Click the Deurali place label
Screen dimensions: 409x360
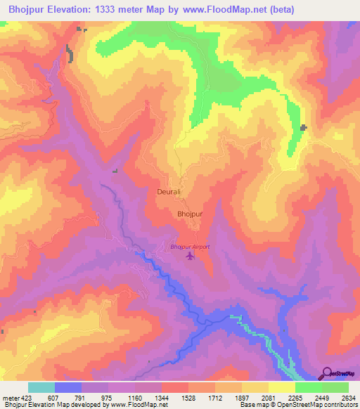[169, 191]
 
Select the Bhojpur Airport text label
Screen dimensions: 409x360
[190, 247]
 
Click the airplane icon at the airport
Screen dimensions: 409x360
[190, 256]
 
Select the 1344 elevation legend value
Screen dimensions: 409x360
[162, 397]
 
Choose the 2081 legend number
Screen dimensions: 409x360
[268, 397]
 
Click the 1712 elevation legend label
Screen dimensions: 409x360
[214, 397]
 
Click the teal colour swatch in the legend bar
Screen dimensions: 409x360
[41, 387]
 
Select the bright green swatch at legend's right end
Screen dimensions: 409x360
[335, 387]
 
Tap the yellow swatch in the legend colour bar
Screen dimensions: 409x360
[282, 387]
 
